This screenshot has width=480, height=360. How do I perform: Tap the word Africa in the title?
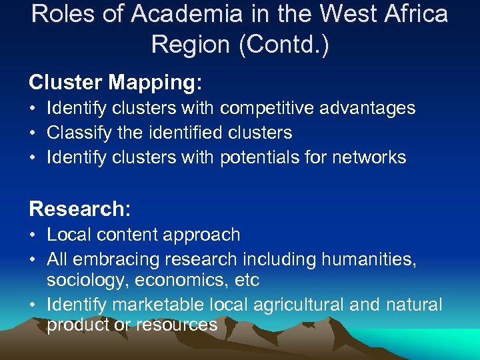pos(410,14)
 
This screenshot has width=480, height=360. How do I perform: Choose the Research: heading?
pos(80,209)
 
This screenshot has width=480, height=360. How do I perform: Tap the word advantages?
pos(373,108)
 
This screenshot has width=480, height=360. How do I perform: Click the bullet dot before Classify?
pos(33,133)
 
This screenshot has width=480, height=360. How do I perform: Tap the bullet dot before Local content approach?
pos(33,235)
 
